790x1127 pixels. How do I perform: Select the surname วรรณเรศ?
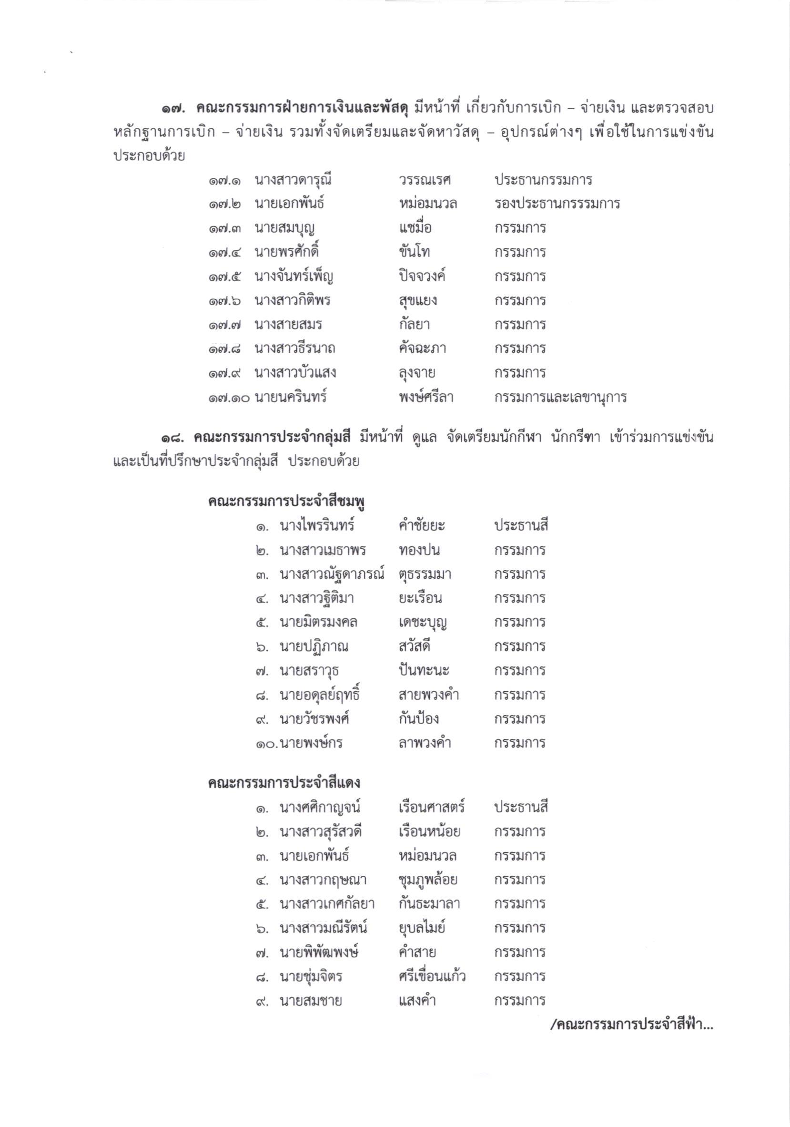point(425,180)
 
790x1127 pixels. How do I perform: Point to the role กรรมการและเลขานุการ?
point(560,397)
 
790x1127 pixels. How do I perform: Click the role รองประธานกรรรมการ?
point(557,204)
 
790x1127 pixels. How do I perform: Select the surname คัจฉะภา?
point(422,348)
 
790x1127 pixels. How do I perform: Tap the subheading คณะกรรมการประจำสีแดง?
point(284,783)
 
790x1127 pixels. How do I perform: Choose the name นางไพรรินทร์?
point(317,526)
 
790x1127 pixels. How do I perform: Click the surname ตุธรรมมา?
point(425,574)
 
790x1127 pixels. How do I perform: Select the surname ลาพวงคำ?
point(425,743)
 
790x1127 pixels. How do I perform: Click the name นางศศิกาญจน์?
point(320,808)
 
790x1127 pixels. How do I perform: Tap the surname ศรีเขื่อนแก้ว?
point(432,976)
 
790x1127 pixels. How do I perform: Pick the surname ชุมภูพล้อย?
point(428,880)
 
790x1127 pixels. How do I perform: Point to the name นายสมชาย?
point(311,1000)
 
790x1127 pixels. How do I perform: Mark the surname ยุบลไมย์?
point(422,928)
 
